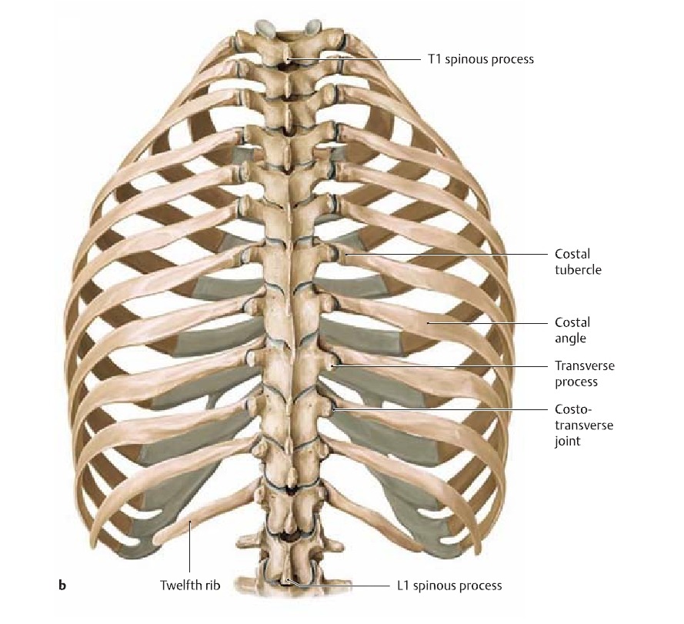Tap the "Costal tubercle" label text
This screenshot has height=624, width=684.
click(x=578, y=262)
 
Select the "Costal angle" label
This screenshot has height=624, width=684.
click(x=572, y=330)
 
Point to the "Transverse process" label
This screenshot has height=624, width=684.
click(x=584, y=373)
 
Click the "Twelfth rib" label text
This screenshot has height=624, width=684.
click(x=190, y=586)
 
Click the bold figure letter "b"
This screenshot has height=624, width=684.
click(x=62, y=586)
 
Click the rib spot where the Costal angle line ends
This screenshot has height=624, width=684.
click(x=428, y=324)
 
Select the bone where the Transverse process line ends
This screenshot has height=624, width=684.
click(x=332, y=365)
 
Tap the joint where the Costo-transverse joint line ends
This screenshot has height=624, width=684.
click(x=334, y=409)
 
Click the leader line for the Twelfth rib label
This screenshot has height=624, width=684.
click(x=189, y=550)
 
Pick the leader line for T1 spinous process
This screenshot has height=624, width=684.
click(x=354, y=59)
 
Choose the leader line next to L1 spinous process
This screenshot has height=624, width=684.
click(x=346, y=586)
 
